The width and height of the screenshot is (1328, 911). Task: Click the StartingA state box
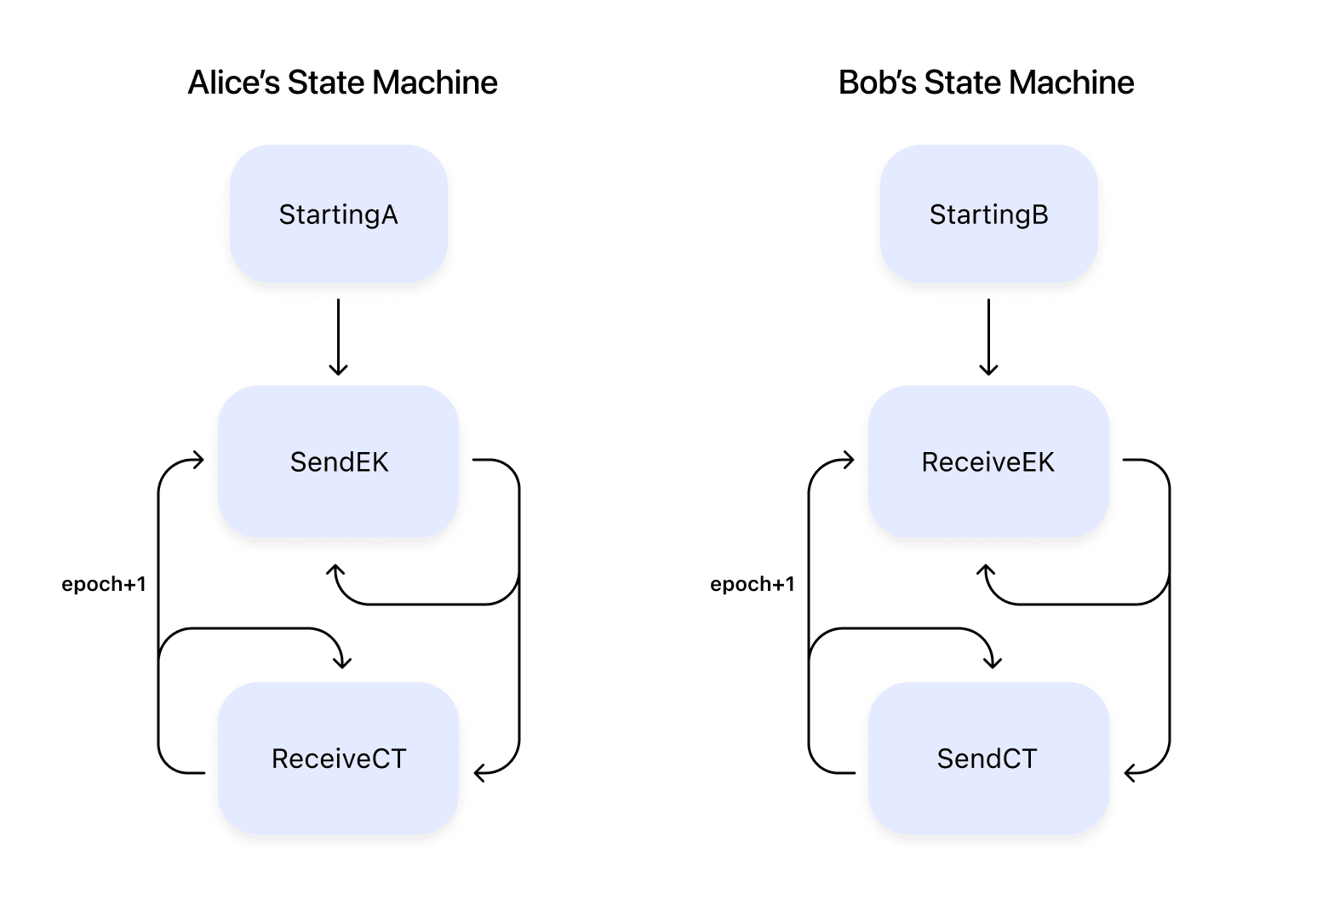338,214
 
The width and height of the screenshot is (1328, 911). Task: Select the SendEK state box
338,461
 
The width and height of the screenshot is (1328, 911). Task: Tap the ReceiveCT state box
338,758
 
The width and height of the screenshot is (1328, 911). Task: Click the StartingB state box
988,214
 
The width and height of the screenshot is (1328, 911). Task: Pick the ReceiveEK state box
988,461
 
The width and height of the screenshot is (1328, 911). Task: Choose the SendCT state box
988,758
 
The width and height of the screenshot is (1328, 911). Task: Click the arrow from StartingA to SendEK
338,336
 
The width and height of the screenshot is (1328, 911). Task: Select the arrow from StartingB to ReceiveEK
988,336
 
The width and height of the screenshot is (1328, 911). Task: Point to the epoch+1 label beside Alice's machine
104,584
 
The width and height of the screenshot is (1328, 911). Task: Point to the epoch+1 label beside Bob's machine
753,584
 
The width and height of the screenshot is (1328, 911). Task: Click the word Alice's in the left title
233,83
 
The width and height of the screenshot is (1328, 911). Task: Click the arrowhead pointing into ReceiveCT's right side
478,772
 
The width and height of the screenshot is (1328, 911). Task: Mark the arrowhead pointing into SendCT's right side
1129,772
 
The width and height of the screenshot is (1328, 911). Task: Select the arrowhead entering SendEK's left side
199,461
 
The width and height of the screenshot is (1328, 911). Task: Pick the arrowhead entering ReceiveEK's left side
849,461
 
